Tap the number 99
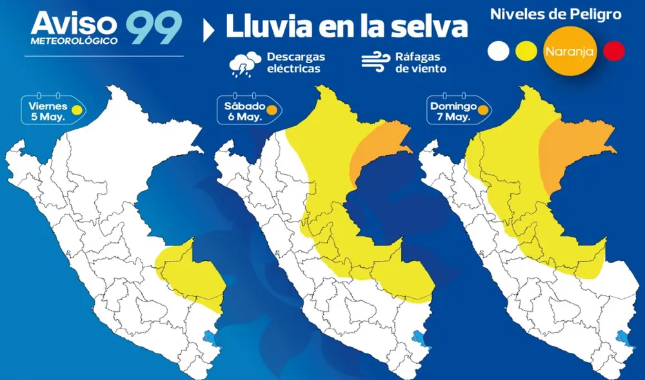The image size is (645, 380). coord(154,28)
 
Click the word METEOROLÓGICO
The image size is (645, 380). coord(74,41)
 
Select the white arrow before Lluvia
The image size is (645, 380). coord(208,30)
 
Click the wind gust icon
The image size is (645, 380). coord(375,62)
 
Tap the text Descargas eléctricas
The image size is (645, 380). coord(294,63)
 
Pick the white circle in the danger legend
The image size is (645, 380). coord(499,51)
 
